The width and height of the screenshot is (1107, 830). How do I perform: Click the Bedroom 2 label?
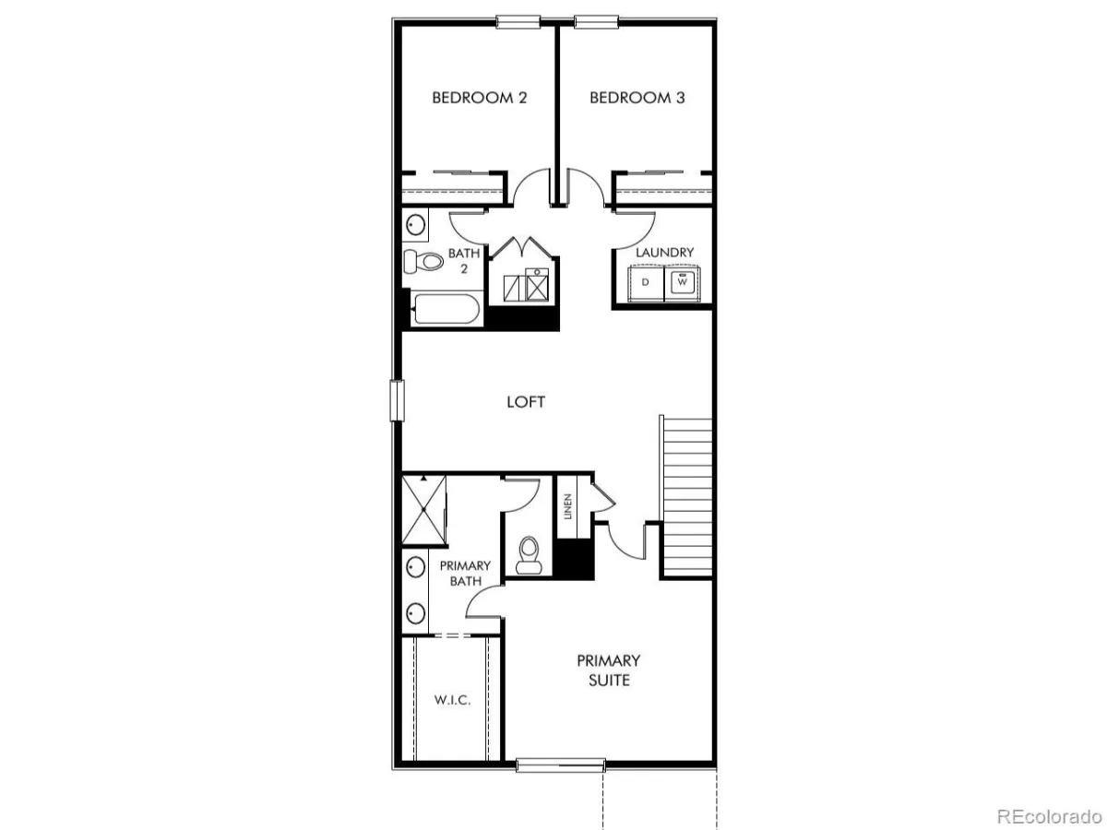[479, 98]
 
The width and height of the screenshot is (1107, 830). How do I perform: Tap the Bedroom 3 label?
[637, 98]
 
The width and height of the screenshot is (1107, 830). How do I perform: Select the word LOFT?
[526, 402]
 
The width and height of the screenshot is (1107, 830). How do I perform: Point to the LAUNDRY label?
[664, 252]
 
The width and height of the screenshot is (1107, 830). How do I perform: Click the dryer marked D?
[646, 283]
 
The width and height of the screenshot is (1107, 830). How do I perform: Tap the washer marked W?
[682, 283]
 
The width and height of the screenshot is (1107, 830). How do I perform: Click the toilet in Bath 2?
[423, 261]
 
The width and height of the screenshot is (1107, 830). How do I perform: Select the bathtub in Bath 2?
[446, 309]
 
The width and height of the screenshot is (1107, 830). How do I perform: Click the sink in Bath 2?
[415, 225]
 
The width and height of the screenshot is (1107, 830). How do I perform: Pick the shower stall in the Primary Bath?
[423, 509]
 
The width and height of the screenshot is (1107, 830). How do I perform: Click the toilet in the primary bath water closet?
[529, 555]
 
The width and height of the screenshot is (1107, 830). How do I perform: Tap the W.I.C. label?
[452, 700]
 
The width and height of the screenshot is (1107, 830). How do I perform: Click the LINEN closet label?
[568, 506]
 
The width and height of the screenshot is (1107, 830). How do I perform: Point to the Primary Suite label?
[609, 670]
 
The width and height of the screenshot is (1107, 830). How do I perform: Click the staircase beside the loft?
[686, 497]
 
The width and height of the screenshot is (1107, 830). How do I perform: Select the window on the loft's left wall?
[398, 400]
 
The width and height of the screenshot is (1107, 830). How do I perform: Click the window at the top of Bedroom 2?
[518, 21]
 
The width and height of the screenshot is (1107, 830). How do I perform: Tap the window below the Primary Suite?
[561, 765]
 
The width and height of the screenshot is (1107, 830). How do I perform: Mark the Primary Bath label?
[465, 573]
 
